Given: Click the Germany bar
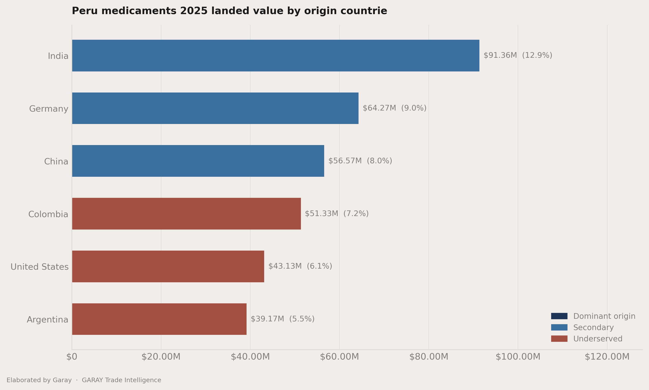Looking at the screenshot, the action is click(215, 108).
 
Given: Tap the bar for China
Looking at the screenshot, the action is click(198, 161).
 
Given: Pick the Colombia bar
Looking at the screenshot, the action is click(187, 214).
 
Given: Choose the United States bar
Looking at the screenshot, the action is click(168, 266).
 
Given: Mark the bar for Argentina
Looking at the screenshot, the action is click(159, 319).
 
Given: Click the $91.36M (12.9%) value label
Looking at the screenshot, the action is click(518, 55).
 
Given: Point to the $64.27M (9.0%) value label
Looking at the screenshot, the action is click(395, 108).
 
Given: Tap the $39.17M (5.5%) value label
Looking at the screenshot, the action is click(283, 319).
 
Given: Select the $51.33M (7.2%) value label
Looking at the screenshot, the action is click(337, 213).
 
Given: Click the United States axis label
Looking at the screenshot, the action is click(39, 267).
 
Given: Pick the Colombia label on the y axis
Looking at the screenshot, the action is click(48, 214).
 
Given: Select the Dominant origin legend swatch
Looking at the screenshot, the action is click(559, 316).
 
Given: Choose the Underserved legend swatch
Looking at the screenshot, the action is click(559, 339).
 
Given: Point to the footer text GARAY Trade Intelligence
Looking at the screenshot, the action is click(122, 380).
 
